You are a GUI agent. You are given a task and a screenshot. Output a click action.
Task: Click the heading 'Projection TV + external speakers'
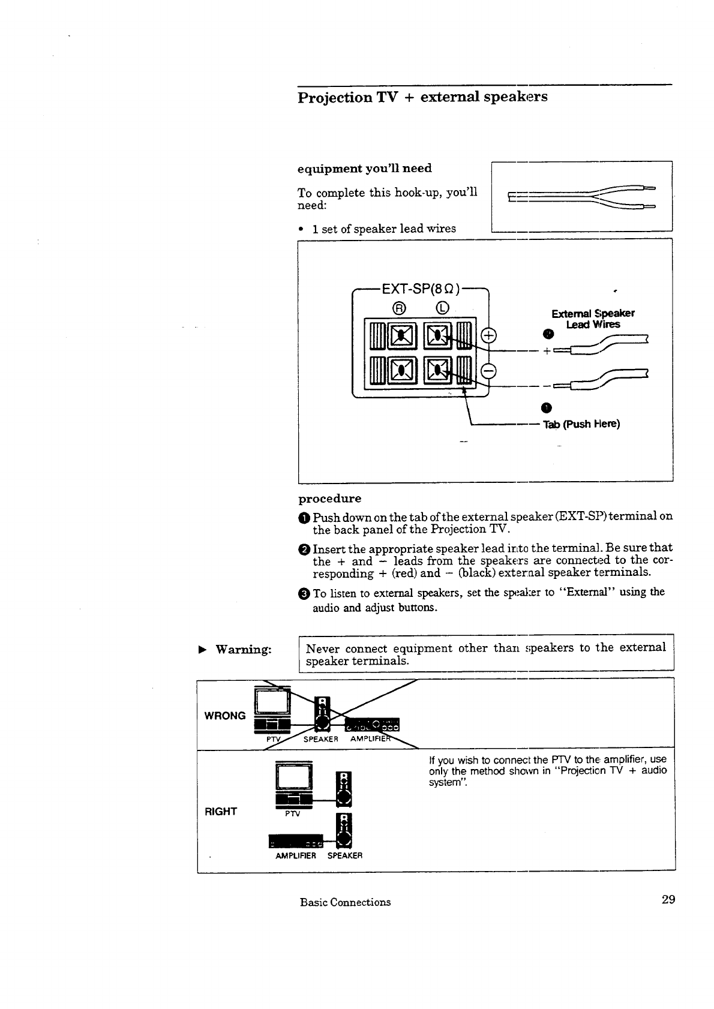pyautogui.click(x=422, y=97)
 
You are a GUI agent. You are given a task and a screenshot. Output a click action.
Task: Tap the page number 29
pyautogui.click(x=668, y=899)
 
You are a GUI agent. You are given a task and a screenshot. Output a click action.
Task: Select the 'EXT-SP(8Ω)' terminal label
pyautogui.click(x=421, y=289)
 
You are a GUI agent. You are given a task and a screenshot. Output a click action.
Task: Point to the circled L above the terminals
pyautogui.click(x=442, y=308)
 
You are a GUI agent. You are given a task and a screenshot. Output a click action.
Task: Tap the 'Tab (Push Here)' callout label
pyautogui.click(x=581, y=425)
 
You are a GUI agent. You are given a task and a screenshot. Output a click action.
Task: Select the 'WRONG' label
pyautogui.click(x=225, y=716)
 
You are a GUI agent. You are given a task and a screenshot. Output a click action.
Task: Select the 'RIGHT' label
pyautogui.click(x=221, y=812)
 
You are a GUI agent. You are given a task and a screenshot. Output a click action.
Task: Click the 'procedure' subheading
pyautogui.click(x=330, y=499)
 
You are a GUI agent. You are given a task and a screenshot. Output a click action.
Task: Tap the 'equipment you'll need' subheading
pyautogui.click(x=365, y=169)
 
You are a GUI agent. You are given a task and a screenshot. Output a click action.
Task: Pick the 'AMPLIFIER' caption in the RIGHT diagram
pyautogui.click(x=296, y=855)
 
